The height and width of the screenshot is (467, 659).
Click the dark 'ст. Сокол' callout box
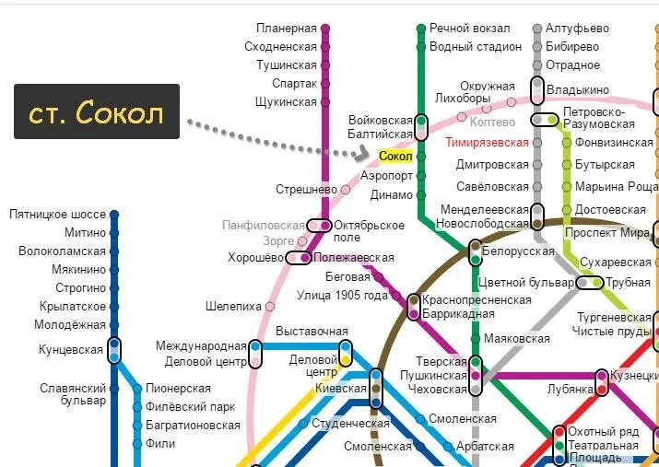pos(97,112)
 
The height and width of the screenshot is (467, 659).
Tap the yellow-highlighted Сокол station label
pos(396,157)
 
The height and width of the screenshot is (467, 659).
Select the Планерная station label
pos(287,29)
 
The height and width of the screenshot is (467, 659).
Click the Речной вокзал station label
pos(469,29)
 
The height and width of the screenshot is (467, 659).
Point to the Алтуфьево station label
pos(577,29)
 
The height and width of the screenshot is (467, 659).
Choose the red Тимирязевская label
pos(487,143)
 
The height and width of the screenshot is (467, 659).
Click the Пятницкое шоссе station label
pos(57,215)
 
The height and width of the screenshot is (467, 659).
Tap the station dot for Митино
pos(114,233)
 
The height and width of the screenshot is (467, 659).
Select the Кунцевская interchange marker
pos(114,350)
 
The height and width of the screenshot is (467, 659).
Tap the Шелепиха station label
pos(234,307)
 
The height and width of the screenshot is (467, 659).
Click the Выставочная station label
pos(312,331)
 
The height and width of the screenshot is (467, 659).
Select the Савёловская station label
pos(493,186)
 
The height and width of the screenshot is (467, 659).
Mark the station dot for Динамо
pos(421,195)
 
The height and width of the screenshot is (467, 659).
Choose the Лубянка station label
pos(571,390)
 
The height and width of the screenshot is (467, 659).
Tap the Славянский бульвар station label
pos(73,394)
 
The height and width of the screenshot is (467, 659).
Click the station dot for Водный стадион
pos(421,47)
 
